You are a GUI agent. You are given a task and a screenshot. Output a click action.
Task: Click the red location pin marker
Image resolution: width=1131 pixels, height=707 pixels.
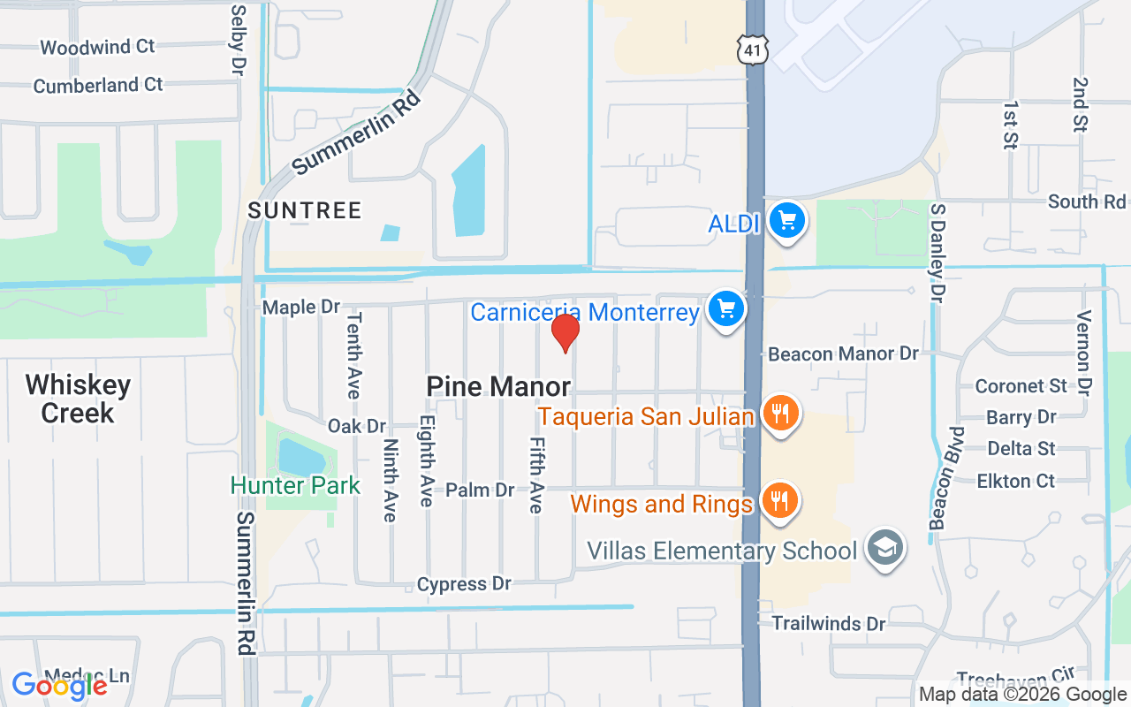[565, 332]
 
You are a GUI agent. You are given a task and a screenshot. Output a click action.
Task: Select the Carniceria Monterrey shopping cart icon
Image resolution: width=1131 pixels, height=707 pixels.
[726, 309]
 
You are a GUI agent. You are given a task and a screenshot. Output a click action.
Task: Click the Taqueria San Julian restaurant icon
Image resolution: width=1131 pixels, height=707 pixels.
[779, 414]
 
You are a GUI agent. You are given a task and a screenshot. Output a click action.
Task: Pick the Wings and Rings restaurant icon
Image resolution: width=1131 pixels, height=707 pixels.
[778, 501]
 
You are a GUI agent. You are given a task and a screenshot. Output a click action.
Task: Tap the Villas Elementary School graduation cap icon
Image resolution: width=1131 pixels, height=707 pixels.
[884, 548]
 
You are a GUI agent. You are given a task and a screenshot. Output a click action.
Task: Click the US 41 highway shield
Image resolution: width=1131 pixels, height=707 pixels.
[752, 50]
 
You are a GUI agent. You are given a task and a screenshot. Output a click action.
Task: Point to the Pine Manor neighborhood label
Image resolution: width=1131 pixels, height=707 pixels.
[498, 386]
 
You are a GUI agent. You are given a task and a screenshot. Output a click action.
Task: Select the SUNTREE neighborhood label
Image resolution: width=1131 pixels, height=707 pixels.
[305, 210]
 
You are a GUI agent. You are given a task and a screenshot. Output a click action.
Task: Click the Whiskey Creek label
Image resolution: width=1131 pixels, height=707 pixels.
[78, 399]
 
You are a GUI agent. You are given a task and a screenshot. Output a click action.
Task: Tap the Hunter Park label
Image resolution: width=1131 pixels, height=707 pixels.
[295, 485]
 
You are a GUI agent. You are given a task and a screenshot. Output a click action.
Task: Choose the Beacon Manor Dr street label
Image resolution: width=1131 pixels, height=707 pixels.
[843, 354]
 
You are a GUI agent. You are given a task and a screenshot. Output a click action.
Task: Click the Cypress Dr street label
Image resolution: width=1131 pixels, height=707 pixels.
[464, 584]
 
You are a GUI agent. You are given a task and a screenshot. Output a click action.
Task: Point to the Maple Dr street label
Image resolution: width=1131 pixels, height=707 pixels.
[301, 307]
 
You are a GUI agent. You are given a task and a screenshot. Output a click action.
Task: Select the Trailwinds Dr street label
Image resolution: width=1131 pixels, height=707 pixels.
[829, 624]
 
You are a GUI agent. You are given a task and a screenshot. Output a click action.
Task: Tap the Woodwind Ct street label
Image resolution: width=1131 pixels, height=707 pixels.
[97, 47]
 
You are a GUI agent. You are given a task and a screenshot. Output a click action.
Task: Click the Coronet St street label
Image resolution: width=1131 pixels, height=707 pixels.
[1021, 386]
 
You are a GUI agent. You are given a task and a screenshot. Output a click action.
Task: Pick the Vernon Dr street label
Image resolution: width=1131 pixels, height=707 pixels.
[1084, 352]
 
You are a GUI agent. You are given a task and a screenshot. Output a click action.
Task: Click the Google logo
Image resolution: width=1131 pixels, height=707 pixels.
[59, 685]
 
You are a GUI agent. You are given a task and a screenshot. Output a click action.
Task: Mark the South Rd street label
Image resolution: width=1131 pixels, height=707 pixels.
[1086, 201]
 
